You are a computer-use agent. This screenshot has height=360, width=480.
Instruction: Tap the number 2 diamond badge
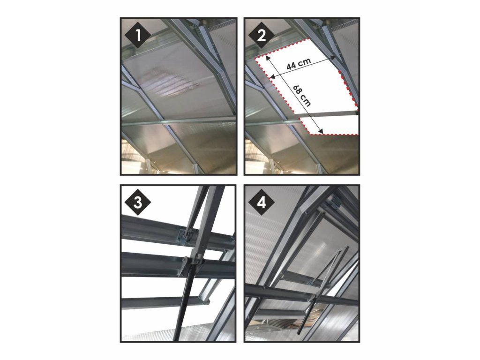262,36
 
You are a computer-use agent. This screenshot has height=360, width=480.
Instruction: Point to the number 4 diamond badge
262,203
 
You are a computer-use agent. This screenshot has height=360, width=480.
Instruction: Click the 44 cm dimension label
299,64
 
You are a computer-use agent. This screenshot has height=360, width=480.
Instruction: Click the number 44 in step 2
292,66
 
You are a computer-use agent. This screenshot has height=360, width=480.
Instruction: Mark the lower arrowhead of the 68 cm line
321,132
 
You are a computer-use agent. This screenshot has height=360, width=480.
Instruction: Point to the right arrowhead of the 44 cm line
333,57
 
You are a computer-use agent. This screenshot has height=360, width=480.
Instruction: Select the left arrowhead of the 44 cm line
273,76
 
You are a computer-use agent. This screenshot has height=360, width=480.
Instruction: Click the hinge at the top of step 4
334,202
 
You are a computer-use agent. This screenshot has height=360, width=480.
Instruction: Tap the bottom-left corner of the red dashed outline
310,134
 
